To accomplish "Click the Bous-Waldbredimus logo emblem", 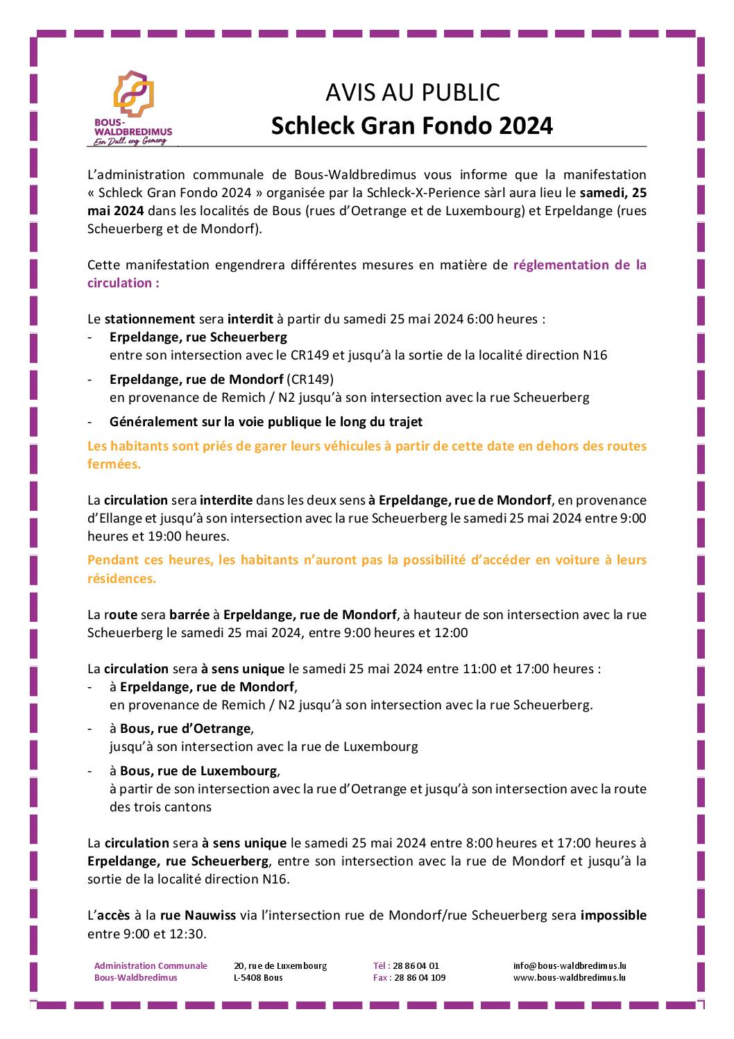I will (133, 92).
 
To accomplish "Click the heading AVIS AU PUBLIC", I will (412, 92).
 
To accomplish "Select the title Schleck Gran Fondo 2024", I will (412, 126).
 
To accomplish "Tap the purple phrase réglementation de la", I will (579, 264).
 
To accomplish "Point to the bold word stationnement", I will (149, 319).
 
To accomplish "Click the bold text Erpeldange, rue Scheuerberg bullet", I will (198, 337).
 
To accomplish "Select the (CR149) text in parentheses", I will (310, 379).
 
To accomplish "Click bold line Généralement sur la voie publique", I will (266, 421).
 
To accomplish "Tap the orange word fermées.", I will (114, 464).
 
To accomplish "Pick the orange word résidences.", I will (121, 578).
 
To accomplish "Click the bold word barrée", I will (189, 614).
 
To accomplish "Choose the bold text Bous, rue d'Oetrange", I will (185, 729).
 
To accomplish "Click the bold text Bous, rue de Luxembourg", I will (198, 770).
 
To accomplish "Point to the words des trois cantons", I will (160, 806).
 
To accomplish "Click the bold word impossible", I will (613, 915).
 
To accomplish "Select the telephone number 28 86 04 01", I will (416, 965).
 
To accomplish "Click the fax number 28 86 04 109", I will (420, 977).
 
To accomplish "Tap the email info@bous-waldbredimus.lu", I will (570, 965).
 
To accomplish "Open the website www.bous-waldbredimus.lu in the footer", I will (570, 977).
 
